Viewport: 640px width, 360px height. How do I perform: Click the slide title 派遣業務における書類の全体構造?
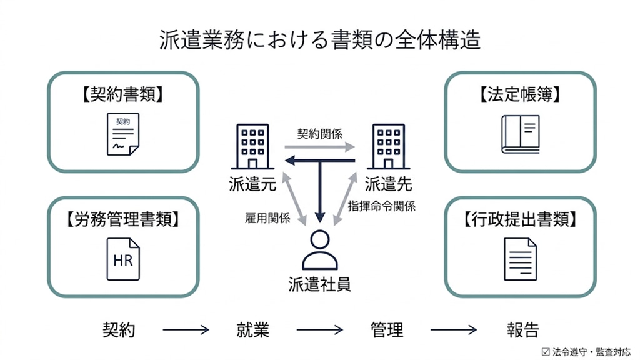coord(320,39)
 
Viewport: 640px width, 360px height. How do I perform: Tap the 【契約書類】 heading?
coord(123,94)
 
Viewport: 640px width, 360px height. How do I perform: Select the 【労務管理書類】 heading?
coord(123,219)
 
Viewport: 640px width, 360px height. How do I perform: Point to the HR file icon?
coord(123,259)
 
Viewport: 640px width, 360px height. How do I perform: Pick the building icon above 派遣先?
coord(387,146)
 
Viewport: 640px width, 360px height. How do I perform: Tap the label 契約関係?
coord(319,134)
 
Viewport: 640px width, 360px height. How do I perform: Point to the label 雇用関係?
coord(267,218)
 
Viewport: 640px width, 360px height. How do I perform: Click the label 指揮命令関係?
coord(381,206)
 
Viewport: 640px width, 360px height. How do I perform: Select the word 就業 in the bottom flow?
coord(252,329)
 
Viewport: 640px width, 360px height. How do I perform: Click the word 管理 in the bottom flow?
coord(386,329)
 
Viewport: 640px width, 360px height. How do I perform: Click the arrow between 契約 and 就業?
coord(186,330)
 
